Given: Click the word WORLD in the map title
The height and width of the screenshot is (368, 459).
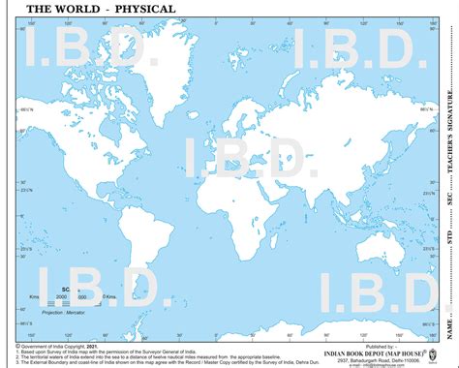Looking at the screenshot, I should [x=71, y=9].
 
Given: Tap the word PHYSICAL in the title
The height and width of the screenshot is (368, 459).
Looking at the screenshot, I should [x=143, y=9].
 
